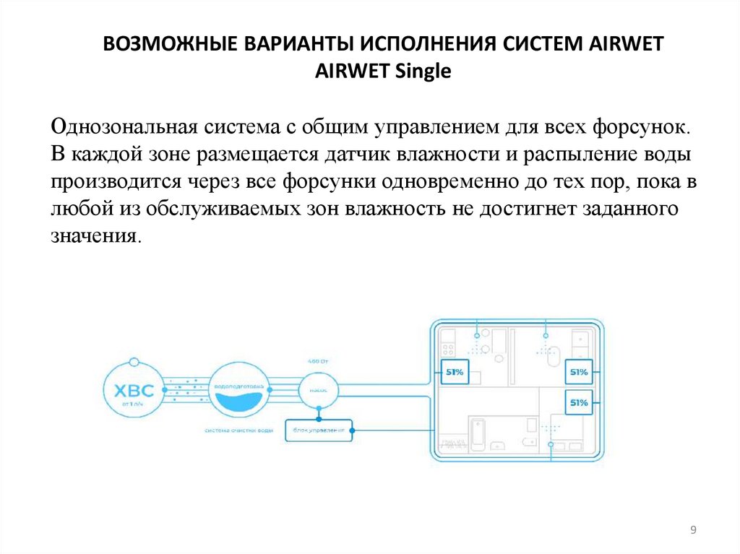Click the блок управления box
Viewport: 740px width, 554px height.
[x=318, y=430]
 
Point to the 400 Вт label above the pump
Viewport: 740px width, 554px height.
[x=317, y=360]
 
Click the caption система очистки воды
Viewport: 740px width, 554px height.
[x=238, y=430]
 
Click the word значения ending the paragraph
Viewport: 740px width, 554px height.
[x=92, y=236]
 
